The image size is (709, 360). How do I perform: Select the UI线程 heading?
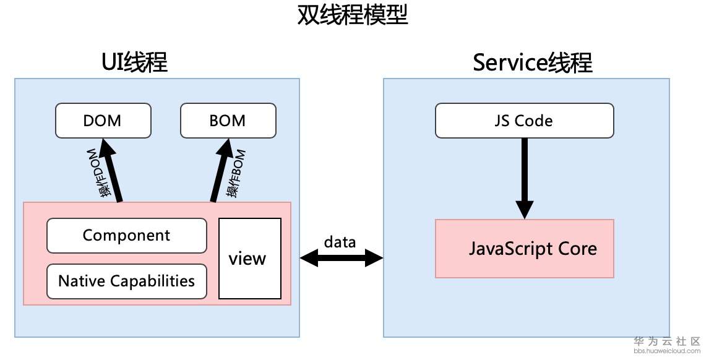point(135,62)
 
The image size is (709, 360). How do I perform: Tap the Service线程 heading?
point(533,62)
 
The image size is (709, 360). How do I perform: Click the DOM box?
point(103,120)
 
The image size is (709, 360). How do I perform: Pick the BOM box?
point(228,120)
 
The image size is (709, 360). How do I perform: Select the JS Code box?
point(525,120)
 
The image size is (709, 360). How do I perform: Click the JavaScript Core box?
point(525,249)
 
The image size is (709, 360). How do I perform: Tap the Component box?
point(127,235)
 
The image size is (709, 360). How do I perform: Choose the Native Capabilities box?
point(127,281)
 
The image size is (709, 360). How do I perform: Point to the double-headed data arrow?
point(341,258)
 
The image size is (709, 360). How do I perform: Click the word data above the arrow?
point(340,242)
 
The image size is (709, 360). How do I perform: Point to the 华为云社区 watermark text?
point(668,341)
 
